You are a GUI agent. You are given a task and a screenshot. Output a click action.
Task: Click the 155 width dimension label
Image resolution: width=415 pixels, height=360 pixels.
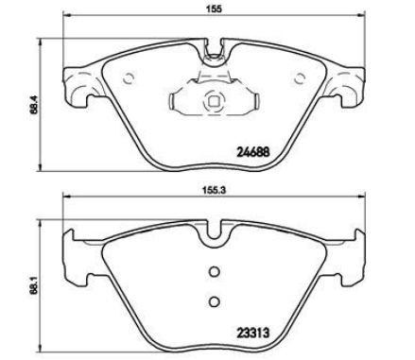pyautogui.click(x=215, y=9)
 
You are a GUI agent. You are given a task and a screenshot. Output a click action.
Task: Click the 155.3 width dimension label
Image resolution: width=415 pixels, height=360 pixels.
pyautogui.click(x=215, y=190)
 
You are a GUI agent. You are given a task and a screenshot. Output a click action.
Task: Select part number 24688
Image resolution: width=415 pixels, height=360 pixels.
pyautogui.click(x=253, y=152)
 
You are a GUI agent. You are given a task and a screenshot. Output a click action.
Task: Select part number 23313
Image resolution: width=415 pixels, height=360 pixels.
pyautogui.click(x=253, y=333)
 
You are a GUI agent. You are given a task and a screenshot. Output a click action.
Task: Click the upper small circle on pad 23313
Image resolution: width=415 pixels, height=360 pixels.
pyautogui.click(x=215, y=271)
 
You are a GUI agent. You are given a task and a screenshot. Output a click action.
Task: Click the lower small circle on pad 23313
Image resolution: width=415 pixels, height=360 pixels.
pyautogui.click(x=215, y=301)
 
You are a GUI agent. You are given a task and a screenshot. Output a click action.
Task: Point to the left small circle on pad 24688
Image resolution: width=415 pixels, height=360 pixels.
pyautogui.click(x=129, y=77)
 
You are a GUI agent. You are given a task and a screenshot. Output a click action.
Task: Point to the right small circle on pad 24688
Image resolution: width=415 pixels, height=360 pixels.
pyautogui.click(x=300, y=77)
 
